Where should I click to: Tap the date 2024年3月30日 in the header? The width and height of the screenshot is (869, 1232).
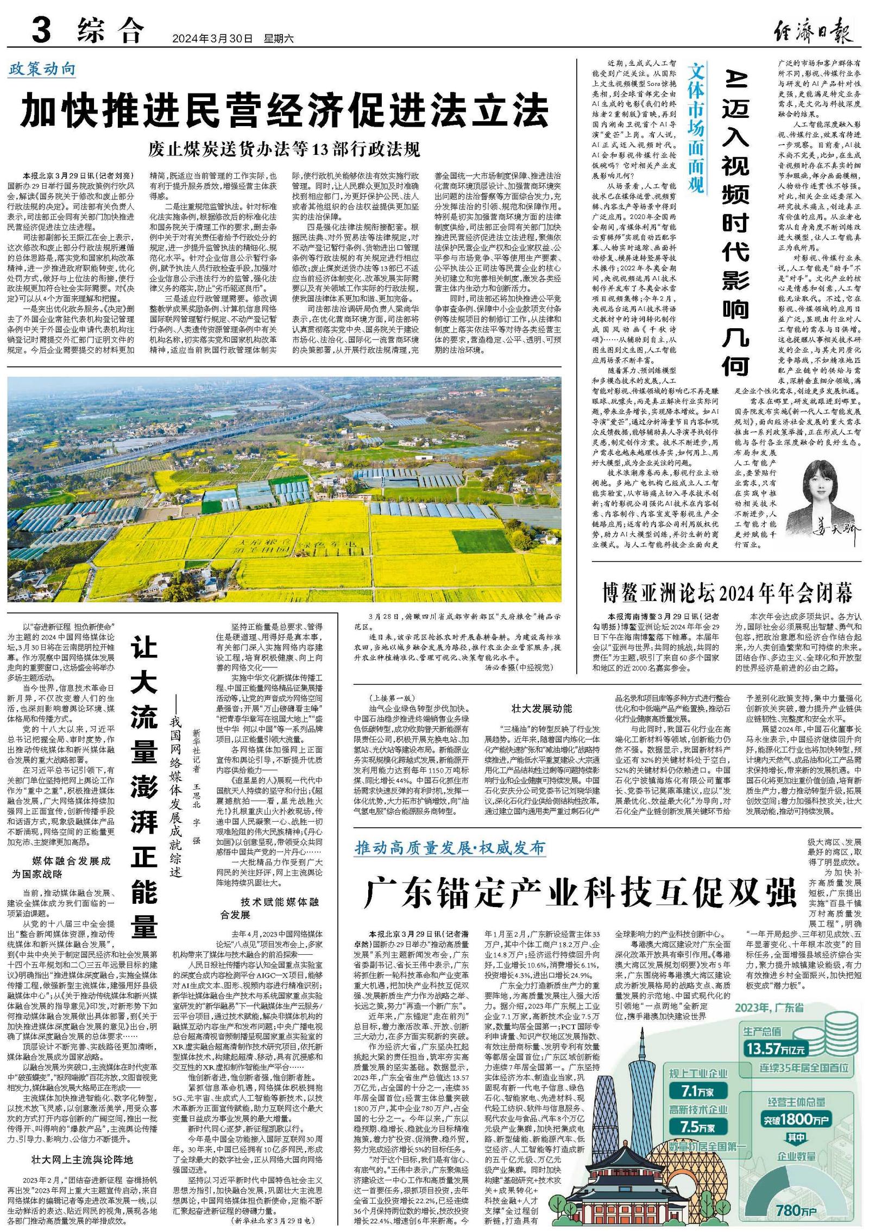(212, 39)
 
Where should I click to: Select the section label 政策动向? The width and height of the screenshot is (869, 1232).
(42, 70)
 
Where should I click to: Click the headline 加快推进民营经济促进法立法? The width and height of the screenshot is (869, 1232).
(284, 110)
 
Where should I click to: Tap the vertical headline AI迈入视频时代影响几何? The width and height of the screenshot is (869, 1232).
(735, 223)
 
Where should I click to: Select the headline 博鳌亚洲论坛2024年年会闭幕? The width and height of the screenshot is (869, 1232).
(727, 592)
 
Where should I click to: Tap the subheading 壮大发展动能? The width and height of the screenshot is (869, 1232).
(541, 709)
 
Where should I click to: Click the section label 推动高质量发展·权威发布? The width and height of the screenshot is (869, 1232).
(450, 848)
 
